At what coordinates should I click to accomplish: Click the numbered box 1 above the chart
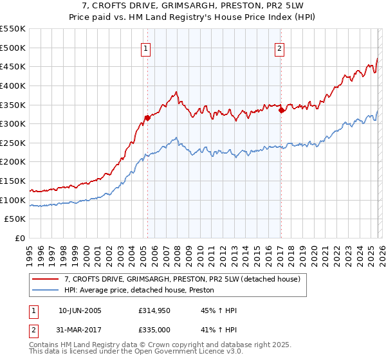point(145,48)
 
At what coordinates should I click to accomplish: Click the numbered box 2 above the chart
point(280,48)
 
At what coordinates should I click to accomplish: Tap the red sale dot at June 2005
point(147,118)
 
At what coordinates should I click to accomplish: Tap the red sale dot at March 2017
point(281,110)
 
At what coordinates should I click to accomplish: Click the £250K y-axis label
point(13,143)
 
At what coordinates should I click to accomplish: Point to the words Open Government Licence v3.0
point(193,352)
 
